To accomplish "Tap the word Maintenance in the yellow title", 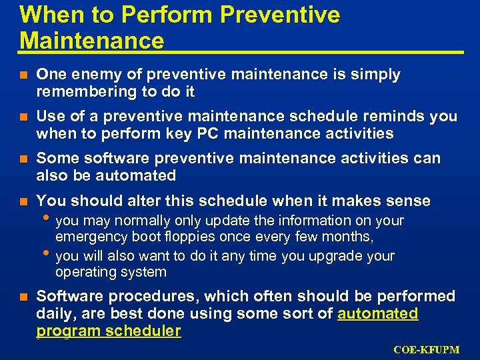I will click(x=92, y=41).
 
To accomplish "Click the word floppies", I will click(x=183, y=236).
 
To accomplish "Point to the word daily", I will click(x=53, y=313).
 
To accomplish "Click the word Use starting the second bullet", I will click(x=50, y=117).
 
